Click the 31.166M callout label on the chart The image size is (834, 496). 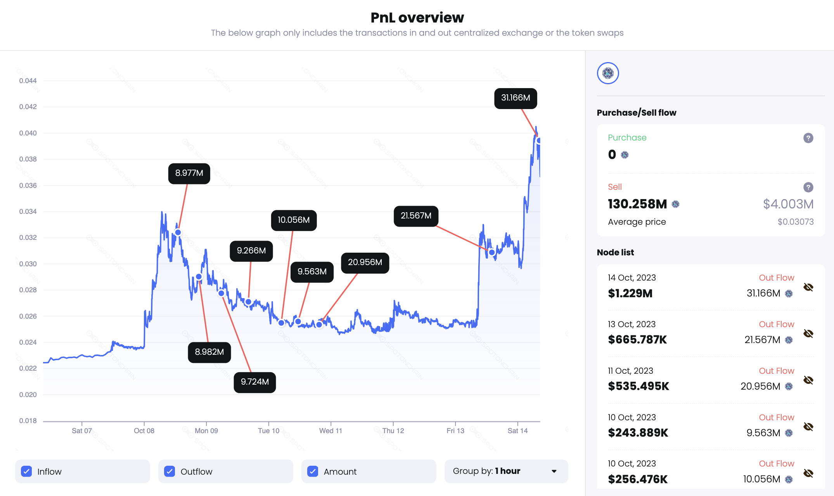(x=515, y=98)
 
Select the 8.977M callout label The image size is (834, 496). (x=189, y=173)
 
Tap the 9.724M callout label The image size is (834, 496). (x=254, y=382)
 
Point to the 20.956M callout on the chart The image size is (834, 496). (x=365, y=263)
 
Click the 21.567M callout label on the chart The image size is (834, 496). (x=416, y=216)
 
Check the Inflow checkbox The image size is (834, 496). (x=27, y=472)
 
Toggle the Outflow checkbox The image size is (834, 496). (x=170, y=472)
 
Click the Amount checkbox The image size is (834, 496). (x=313, y=472)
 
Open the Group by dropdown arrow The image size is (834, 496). (x=554, y=472)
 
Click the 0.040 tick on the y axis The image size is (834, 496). (x=28, y=133)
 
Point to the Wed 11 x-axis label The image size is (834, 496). (x=330, y=431)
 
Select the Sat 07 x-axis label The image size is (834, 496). (x=82, y=431)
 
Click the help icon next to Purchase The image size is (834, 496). (x=808, y=138)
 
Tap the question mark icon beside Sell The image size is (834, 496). (x=808, y=187)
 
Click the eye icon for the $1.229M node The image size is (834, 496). (x=808, y=287)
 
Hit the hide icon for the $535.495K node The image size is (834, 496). (x=808, y=380)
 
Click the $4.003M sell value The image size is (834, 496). (x=788, y=204)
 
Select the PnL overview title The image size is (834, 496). (x=417, y=18)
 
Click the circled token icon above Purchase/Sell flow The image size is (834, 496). (x=608, y=73)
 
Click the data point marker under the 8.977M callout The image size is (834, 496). (x=178, y=232)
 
